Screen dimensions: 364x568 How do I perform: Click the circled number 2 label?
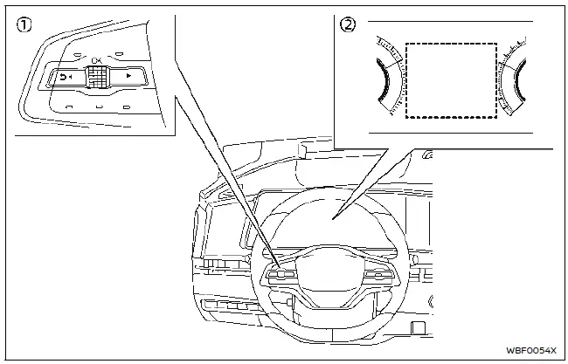click(349, 25)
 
